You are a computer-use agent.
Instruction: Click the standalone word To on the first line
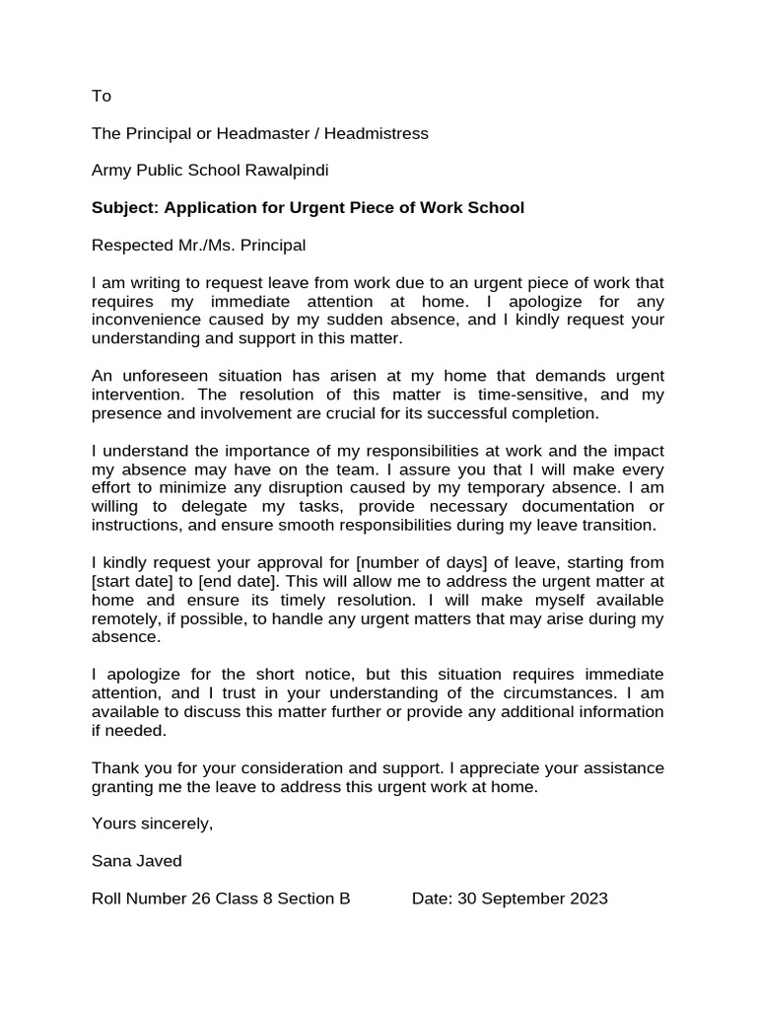tap(102, 96)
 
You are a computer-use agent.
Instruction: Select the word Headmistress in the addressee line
tap(383, 133)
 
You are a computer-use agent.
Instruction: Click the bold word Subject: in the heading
tap(125, 208)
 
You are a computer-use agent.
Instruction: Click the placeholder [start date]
tap(131, 582)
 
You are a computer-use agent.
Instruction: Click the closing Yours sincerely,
tap(152, 824)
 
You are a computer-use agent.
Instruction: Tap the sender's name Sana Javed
tap(137, 861)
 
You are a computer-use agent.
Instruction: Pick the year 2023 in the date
tap(588, 899)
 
